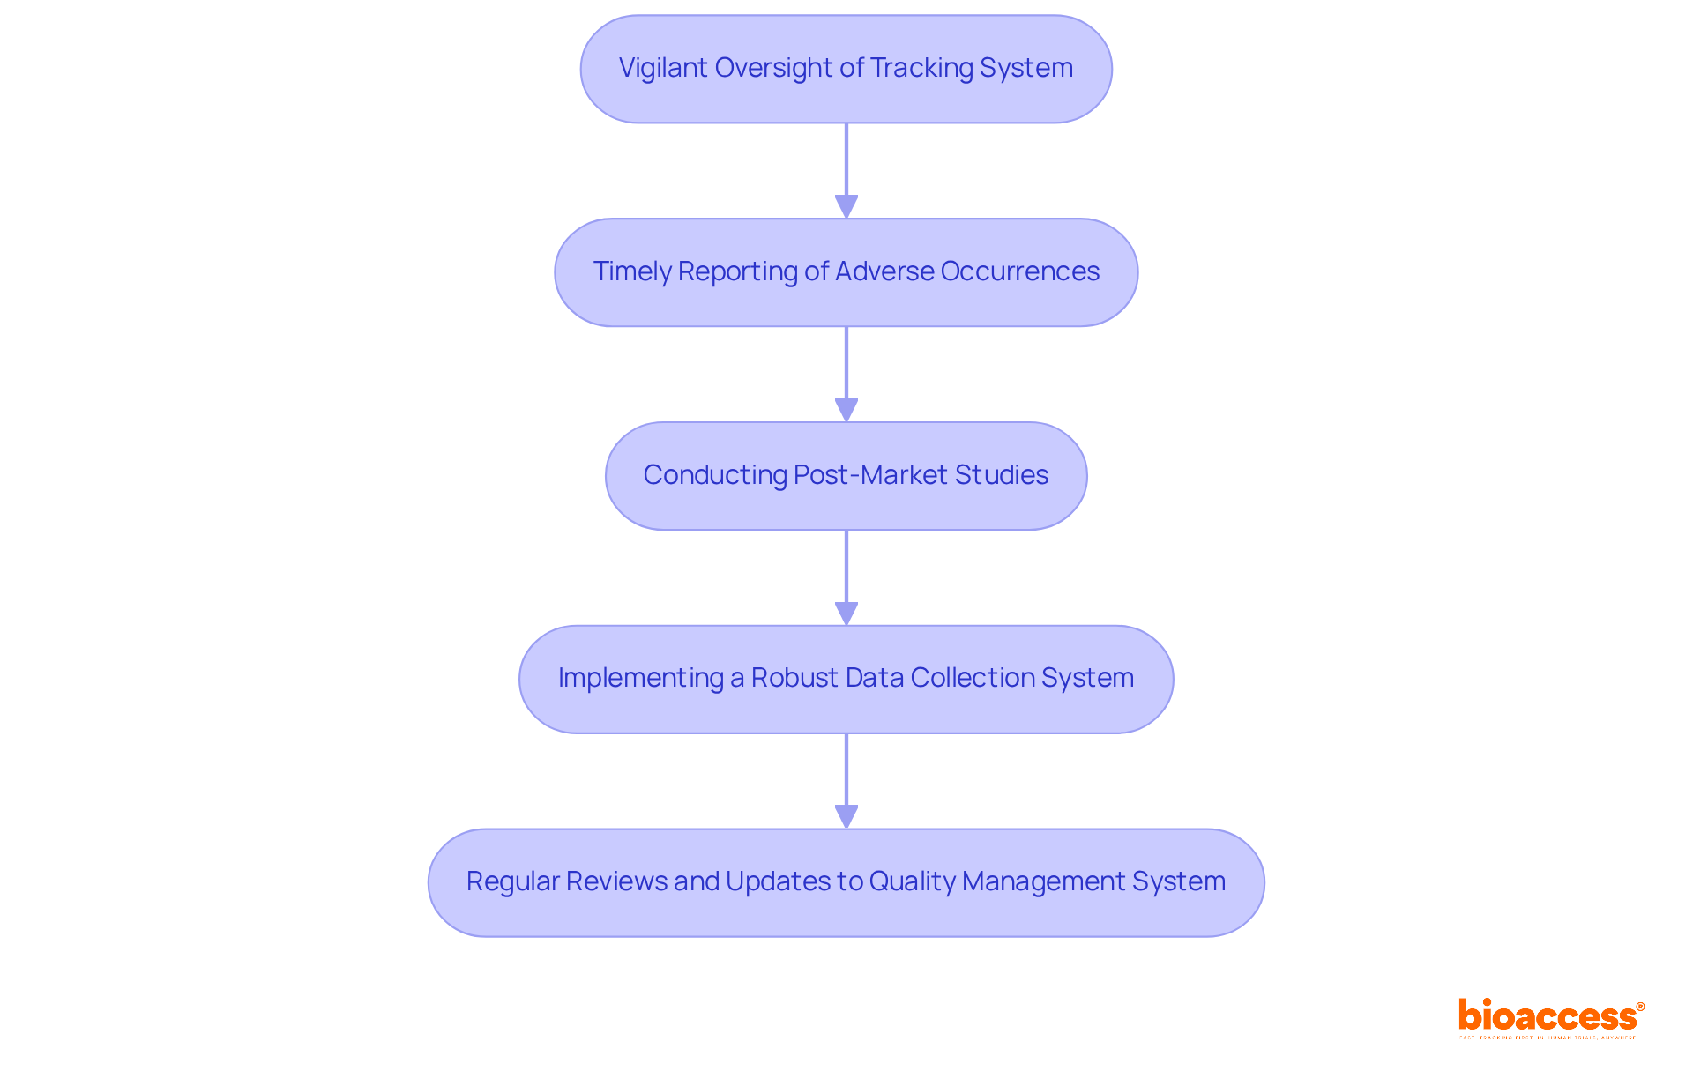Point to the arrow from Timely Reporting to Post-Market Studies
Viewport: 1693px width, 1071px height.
pos(846,374)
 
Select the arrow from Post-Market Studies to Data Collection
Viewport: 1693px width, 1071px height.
pos(846,577)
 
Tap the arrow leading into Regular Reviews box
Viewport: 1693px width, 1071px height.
pos(846,781)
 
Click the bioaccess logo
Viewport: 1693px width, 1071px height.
pos(1548,1016)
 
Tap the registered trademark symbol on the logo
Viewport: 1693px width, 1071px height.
pos(1640,1007)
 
